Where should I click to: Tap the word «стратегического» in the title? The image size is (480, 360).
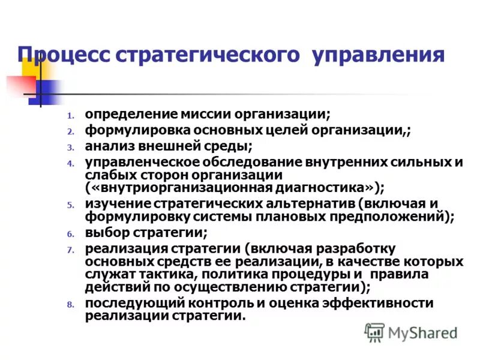[210, 56]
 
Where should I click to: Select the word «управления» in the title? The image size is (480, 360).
[378, 56]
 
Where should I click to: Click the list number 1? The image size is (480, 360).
[70, 115]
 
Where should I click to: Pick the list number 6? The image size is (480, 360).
[70, 234]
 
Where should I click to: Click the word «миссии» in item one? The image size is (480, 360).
[190, 113]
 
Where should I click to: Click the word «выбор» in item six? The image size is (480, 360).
[104, 232]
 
